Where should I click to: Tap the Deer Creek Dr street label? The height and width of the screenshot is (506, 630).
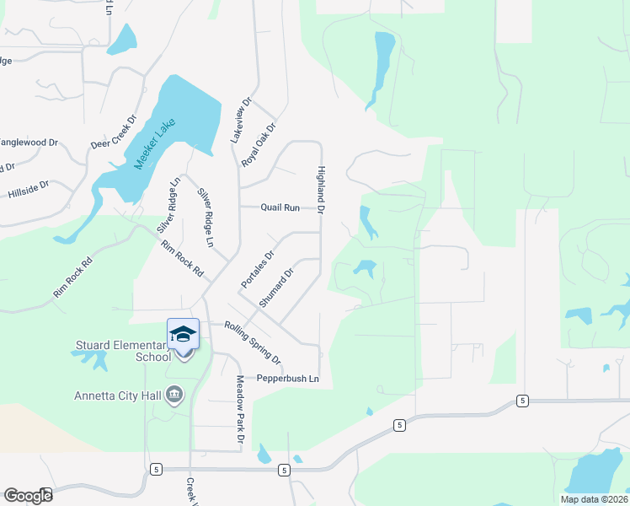113,132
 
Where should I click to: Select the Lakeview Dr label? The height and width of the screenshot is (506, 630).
243,120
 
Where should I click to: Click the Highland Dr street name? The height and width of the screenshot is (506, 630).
321,188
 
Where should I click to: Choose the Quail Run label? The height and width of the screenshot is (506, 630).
280,207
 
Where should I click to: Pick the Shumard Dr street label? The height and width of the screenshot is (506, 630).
276,288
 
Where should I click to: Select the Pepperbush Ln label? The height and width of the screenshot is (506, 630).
289,378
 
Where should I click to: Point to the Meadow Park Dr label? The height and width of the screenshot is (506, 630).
239,411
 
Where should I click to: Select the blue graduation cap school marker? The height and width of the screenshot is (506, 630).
183,334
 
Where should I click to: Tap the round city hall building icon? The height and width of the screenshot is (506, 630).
175,395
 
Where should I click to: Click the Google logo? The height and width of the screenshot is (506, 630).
28,496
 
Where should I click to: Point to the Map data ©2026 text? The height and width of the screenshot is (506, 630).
594,499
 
